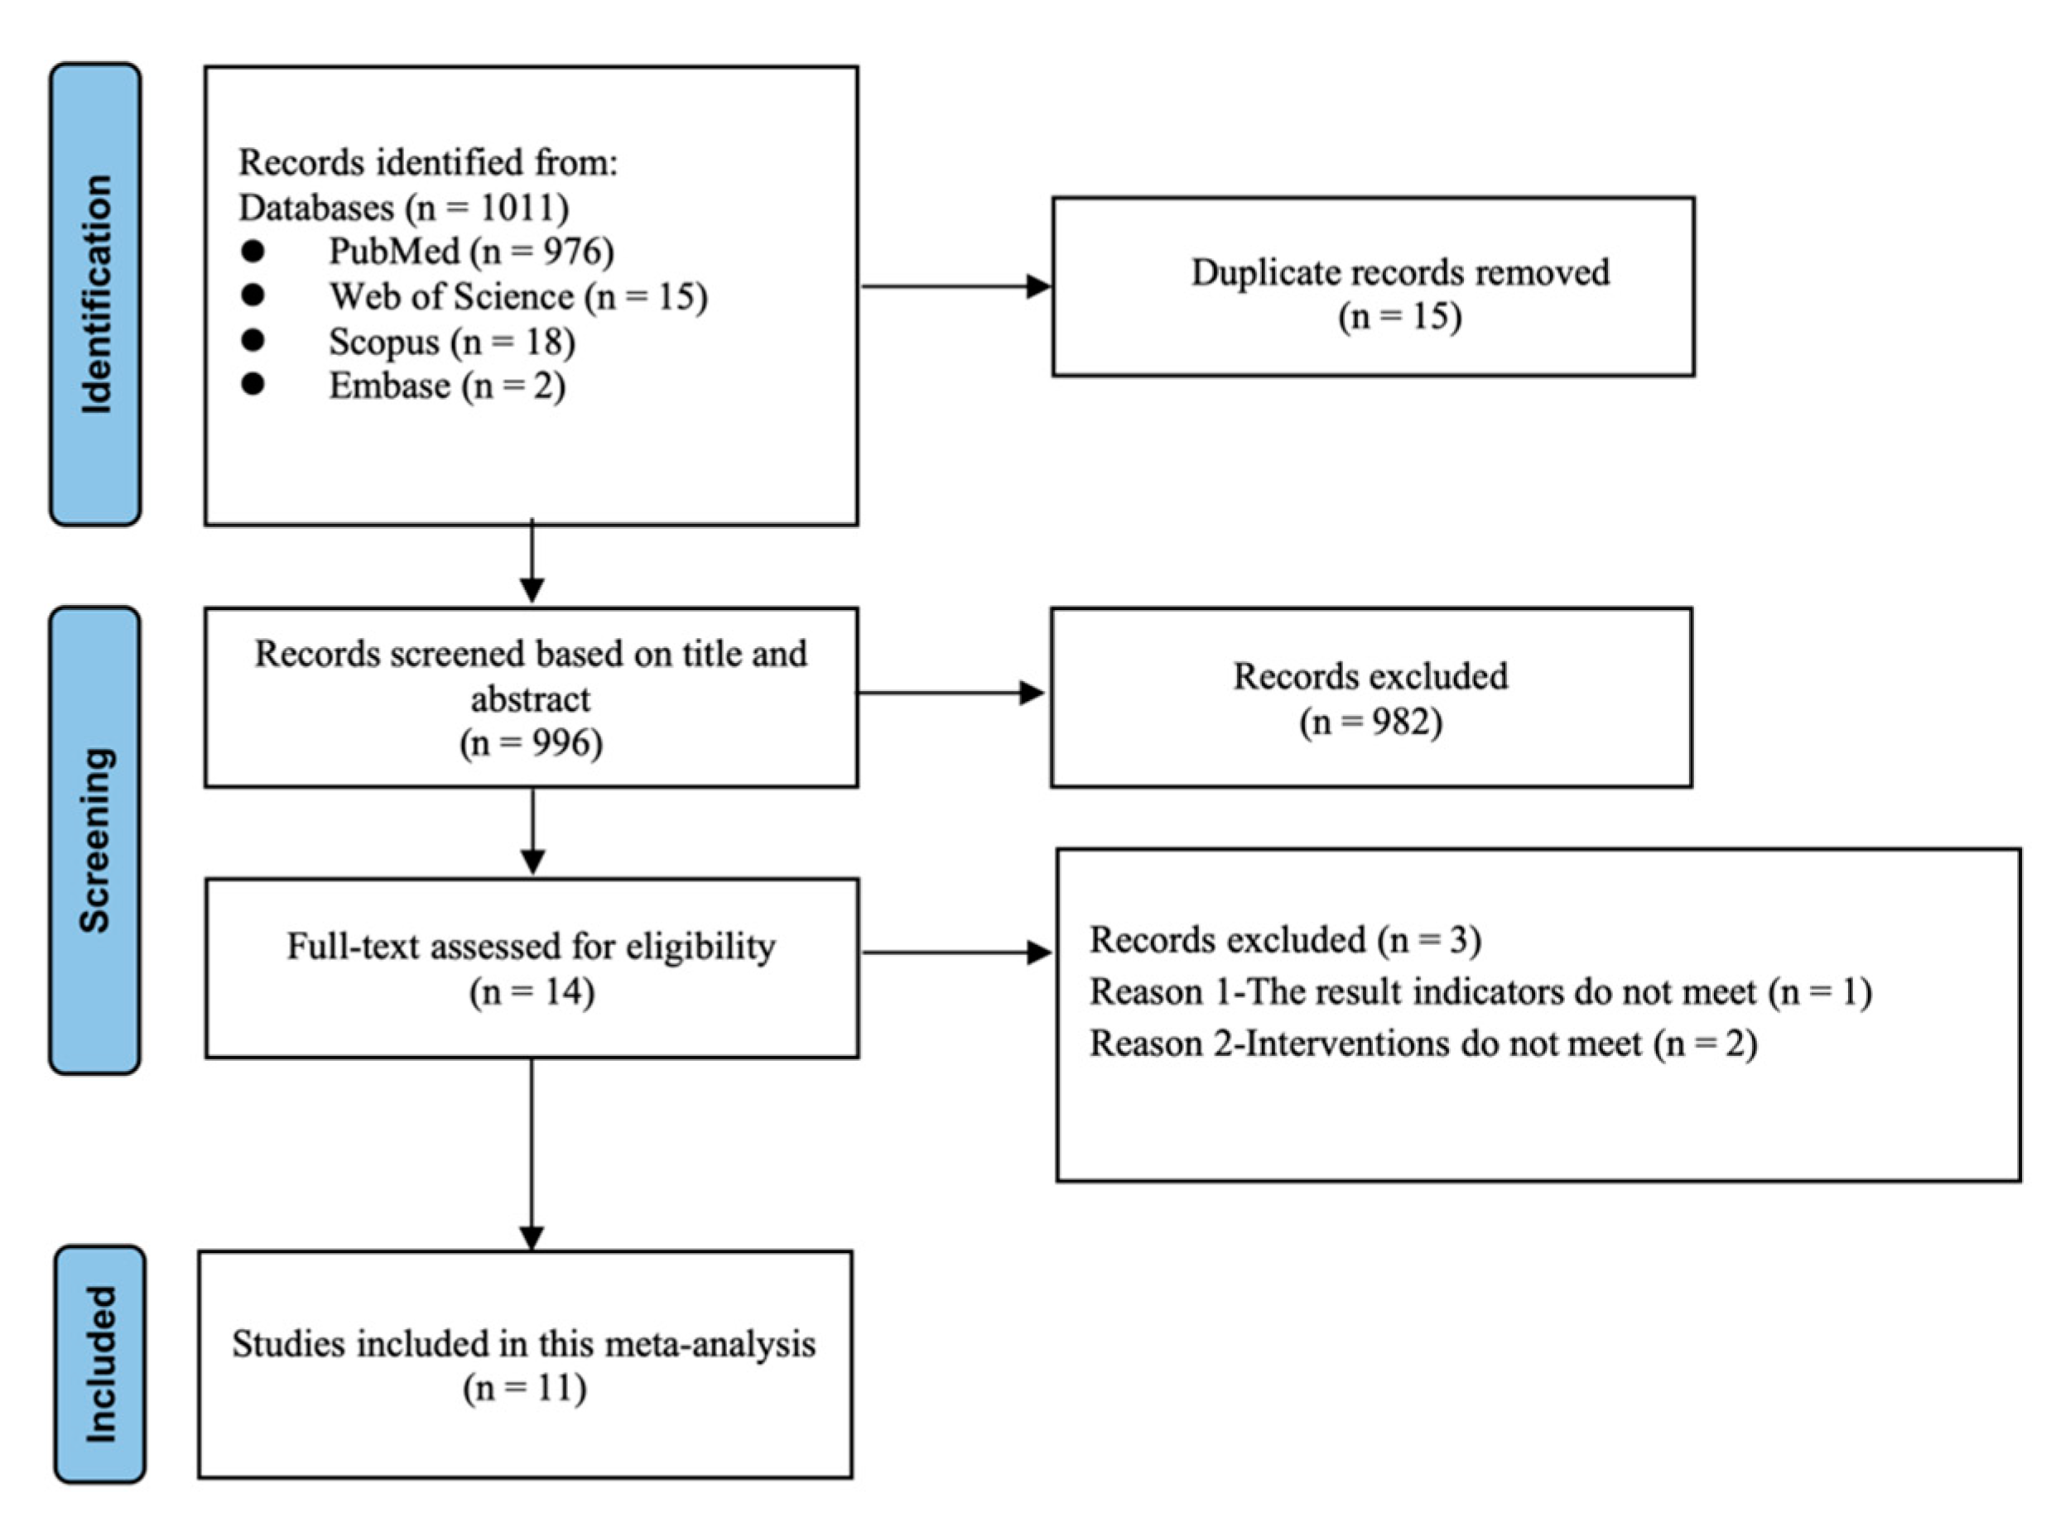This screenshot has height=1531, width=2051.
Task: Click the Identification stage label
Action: [x=95, y=294]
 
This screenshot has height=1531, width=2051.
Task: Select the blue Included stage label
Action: [x=100, y=1364]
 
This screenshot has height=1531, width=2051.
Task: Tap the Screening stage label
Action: [x=94, y=840]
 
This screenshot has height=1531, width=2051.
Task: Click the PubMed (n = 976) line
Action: [x=471, y=251]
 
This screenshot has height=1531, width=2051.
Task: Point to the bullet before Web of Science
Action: [x=253, y=295]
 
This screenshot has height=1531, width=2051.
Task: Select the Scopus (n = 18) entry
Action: [x=451, y=341]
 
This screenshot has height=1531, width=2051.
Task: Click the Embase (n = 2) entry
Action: [x=447, y=386]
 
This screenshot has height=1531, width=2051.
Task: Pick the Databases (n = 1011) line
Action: [x=403, y=207]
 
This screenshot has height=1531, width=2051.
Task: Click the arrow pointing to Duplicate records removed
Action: [x=955, y=286]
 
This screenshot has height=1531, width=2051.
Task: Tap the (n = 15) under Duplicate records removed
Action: [x=1399, y=317]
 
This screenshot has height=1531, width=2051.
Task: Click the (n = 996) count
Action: [x=532, y=742]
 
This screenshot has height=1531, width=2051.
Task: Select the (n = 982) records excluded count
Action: [x=1370, y=722]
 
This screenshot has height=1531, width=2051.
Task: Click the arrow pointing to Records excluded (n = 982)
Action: [x=950, y=693]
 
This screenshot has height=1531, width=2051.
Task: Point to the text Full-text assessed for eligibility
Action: [x=532, y=946]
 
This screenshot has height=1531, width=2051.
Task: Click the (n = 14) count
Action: [x=532, y=991]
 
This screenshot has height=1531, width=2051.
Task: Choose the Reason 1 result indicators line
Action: [x=1480, y=991]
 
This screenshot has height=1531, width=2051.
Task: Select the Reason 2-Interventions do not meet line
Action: [x=1423, y=1044]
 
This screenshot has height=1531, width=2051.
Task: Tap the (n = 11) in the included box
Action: [x=525, y=1389]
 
